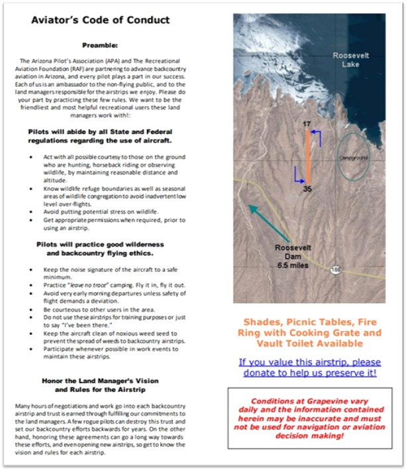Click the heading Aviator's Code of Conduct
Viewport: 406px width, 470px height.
100,21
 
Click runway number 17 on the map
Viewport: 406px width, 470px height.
307,124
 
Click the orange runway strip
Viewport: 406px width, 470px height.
307,156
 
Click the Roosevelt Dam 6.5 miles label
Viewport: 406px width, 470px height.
293,257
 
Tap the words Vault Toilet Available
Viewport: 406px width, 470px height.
309,344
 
